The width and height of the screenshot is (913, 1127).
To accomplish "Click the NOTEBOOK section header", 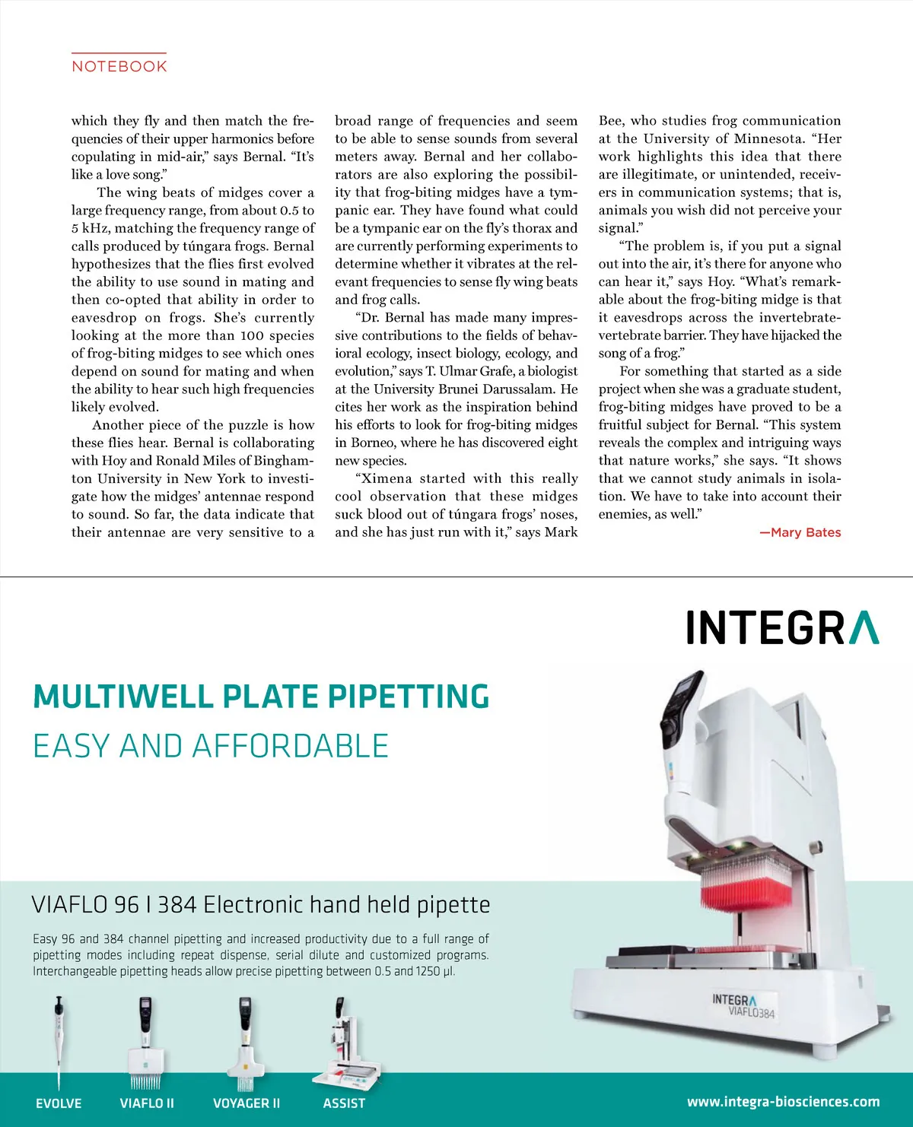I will point(119,66).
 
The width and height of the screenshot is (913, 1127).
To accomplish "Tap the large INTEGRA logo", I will point(782,628).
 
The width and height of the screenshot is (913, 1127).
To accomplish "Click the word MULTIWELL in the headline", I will point(122,697).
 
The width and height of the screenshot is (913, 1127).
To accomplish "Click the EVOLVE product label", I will point(59,1103).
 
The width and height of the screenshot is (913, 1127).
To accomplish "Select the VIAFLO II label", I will point(147,1103).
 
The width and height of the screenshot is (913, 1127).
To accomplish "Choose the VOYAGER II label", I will point(247,1103).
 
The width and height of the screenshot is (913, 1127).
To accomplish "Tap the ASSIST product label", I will point(344,1103).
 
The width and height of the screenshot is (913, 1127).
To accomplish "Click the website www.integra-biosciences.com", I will point(783,1101).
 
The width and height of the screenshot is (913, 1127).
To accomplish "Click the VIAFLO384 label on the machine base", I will point(751,1011).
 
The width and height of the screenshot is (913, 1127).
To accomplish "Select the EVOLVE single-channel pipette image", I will point(59,1042).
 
